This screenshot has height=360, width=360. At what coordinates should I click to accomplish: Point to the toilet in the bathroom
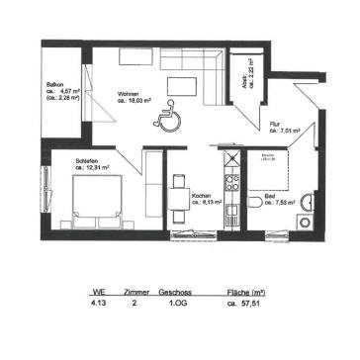coord(308,203)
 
